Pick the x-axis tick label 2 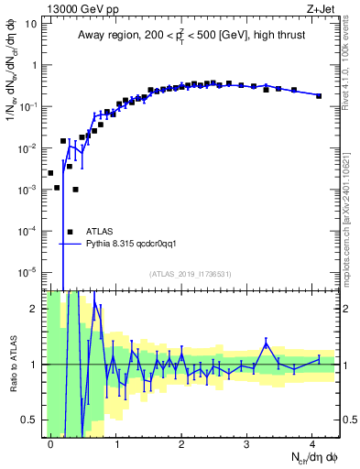point(181,443)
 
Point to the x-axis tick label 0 point(50,443)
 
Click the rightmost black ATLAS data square point(319,95)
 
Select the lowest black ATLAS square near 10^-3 point(75,190)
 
